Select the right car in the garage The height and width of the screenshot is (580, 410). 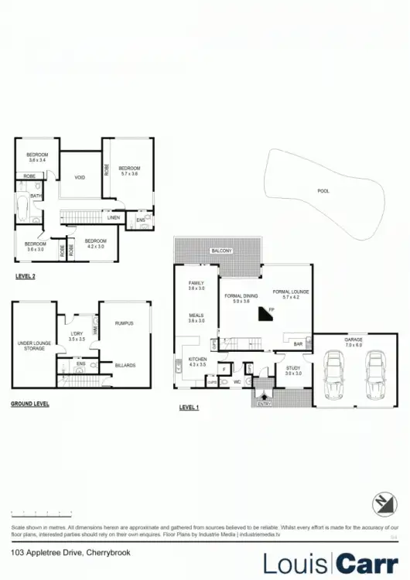(x=374, y=374)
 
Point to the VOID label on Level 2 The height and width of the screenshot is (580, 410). (x=80, y=177)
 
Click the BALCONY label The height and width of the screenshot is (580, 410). (x=220, y=251)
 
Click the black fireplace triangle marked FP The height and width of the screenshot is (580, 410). (x=267, y=314)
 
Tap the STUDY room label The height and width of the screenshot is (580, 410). (x=292, y=368)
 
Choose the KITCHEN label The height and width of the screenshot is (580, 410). (x=196, y=359)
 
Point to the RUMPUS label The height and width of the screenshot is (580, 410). (x=125, y=323)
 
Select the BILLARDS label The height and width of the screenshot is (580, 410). (x=125, y=365)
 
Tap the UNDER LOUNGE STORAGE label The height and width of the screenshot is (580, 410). (x=31, y=346)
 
